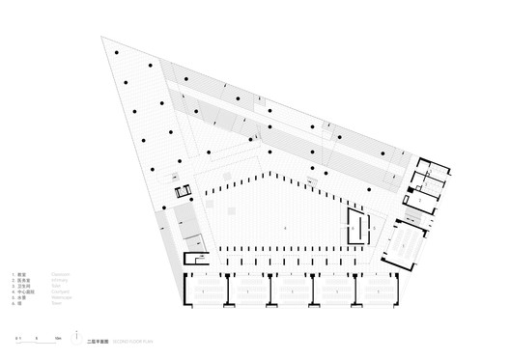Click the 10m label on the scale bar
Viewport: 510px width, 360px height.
[x=58, y=338]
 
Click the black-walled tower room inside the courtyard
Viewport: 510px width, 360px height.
[x=359, y=228]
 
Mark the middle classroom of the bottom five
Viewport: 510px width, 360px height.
[x=292, y=289]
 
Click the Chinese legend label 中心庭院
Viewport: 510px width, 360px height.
[x=26, y=292]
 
